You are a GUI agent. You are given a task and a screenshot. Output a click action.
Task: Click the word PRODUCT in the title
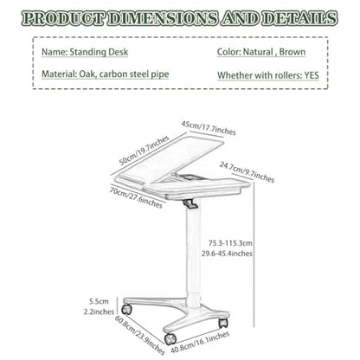pos(62,18)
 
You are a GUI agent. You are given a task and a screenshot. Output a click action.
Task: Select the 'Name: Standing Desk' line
pos(85,52)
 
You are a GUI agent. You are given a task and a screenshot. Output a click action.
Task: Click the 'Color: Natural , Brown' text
pos(261,52)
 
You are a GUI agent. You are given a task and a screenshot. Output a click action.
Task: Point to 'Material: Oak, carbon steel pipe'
pos(106,74)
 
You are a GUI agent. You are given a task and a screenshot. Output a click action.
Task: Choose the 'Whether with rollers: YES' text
pos(268,75)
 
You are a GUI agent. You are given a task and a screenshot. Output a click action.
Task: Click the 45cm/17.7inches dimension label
pos(209,128)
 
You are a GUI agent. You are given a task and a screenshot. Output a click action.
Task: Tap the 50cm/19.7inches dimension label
pos(144,151)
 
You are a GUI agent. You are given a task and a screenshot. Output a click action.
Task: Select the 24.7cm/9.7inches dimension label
pos(247,172)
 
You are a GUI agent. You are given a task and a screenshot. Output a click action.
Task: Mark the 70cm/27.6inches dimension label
pos(136,197)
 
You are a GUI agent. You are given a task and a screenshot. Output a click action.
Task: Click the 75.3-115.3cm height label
pos(230,243)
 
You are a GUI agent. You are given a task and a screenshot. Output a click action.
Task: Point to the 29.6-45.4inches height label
pos(227,254)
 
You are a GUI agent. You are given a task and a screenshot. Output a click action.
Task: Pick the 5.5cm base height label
pos(99,301)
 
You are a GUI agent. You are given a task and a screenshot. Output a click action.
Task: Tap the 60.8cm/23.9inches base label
pos(140,335)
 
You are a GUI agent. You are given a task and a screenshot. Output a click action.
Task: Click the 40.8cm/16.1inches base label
pos(200,342)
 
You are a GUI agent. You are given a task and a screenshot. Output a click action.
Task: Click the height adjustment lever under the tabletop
pos(190,203)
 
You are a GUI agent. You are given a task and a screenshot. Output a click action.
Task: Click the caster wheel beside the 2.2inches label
pos(126,309)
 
